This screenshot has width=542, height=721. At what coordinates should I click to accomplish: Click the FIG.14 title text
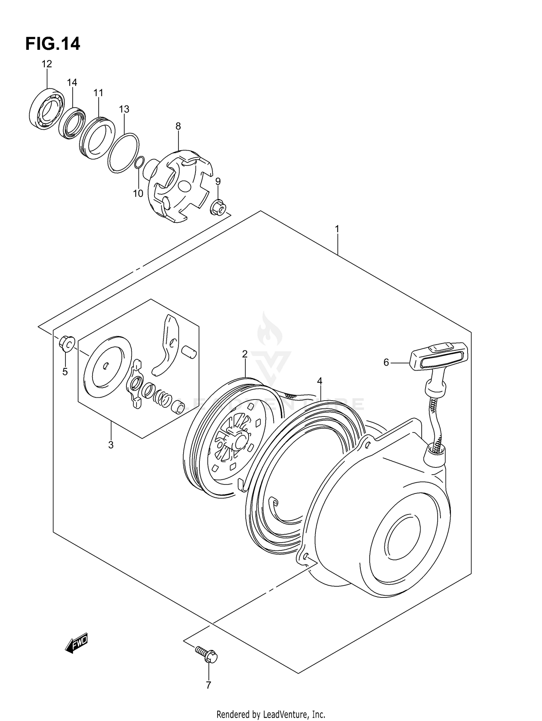click(x=53, y=44)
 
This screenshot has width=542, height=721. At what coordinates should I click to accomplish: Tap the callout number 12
click(x=47, y=64)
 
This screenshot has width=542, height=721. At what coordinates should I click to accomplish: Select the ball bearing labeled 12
click(x=46, y=108)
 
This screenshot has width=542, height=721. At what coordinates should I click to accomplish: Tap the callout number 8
click(x=178, y=126)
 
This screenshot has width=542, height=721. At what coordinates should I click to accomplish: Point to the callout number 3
click(x=111, y=445)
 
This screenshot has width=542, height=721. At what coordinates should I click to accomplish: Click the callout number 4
click(x=319, y=381)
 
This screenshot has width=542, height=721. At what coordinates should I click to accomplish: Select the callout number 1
click(x=337, y=229)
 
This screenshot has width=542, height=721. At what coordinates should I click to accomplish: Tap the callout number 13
click(x=124, y=109)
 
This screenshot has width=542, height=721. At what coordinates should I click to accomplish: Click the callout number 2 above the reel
click(x=245, y=354)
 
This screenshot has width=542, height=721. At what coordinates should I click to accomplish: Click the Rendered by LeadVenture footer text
click(x=271, y=714)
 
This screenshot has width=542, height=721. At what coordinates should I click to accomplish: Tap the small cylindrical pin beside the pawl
click(x=189, y=351)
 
